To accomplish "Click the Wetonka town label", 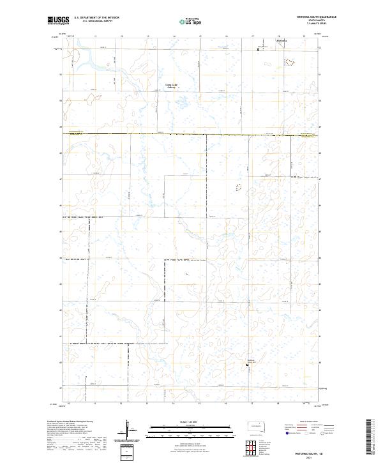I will [282, 42].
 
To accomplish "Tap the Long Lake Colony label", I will [171, 86].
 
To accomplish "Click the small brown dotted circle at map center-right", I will [239, 188].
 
